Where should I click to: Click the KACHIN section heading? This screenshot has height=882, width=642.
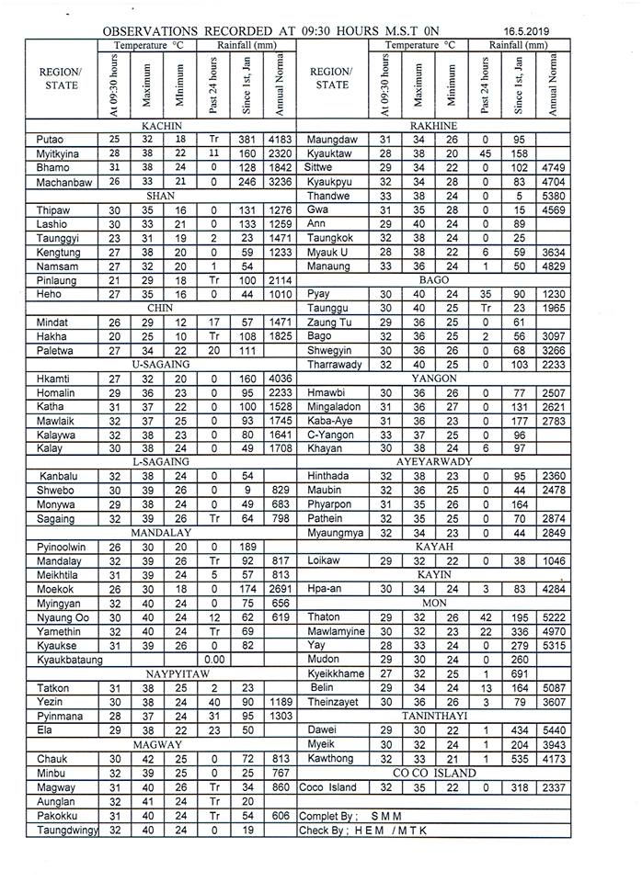[x=160, y=126]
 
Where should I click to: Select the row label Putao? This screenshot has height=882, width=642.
[x=51, y=140]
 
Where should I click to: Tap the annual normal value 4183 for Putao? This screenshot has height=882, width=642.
[x=281, y=140]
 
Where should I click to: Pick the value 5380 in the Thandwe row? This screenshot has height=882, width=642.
[x=553, y=197]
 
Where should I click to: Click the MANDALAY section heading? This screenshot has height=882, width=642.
[x=160, y=532]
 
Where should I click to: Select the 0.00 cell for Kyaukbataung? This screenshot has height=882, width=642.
[x=214, y=659]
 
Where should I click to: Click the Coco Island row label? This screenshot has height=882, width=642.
[x=327, y=787]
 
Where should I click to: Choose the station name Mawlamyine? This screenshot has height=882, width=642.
[x=336, y=631]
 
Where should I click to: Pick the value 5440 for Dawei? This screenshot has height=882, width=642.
[x=553, y=730]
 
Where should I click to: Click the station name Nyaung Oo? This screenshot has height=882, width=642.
[x=63, y=616]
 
